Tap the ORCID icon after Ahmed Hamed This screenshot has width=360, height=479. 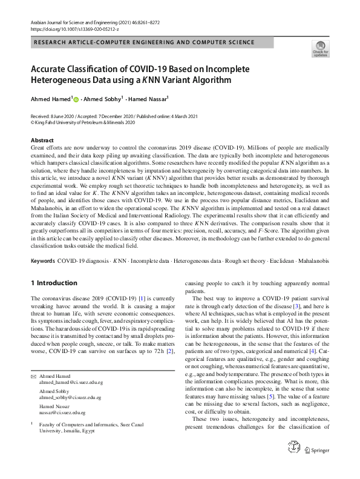76,99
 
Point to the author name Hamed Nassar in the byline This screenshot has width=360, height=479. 148,99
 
